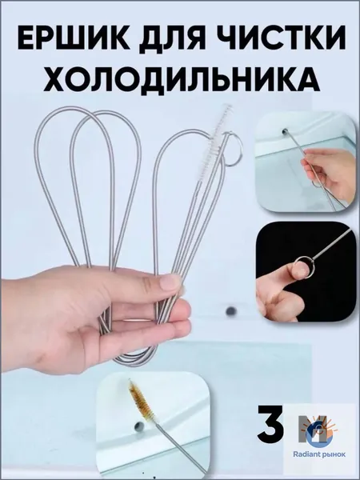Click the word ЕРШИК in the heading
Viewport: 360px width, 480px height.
tap(74, 39)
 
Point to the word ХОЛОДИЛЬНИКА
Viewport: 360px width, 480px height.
tap(182, 79)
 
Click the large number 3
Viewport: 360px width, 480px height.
tap(270, 424)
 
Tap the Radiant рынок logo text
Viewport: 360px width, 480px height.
tap(319, 454)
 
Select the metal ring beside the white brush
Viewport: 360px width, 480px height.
tap(233, 149)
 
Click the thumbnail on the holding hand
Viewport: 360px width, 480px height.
tap(171, 282)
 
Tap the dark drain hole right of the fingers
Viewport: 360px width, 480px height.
tap(231, 311)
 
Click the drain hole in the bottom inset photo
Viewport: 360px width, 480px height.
tap(139, 426)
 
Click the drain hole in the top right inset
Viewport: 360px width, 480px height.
tap(286, 132)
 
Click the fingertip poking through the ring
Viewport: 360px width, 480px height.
tap(301, 271)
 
